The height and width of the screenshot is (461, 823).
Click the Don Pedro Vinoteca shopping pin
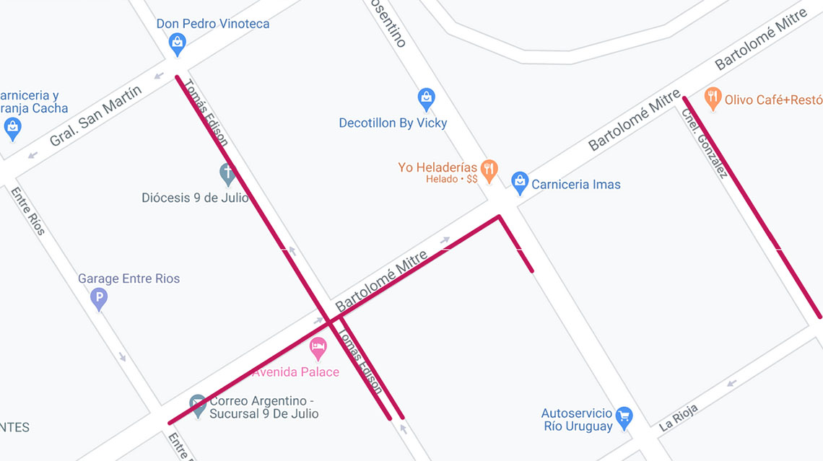177,45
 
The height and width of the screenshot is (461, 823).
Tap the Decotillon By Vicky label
393,123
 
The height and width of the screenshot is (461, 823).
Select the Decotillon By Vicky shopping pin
427,98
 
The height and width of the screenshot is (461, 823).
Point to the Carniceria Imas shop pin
520,183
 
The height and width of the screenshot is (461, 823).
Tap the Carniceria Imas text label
575,185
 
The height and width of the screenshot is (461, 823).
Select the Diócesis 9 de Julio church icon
228,174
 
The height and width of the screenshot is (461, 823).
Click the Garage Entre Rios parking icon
99,298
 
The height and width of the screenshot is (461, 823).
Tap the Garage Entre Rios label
129,278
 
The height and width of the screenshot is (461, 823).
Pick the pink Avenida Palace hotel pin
318,349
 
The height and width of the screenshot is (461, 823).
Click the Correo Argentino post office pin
198,405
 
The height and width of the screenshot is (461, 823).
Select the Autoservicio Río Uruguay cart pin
624,417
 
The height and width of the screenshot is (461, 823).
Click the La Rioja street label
678,418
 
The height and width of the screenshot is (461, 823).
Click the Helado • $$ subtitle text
451,179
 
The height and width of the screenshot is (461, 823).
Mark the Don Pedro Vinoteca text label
213,24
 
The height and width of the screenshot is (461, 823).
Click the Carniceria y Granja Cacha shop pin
12,128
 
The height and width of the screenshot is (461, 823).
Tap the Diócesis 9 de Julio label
195,198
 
